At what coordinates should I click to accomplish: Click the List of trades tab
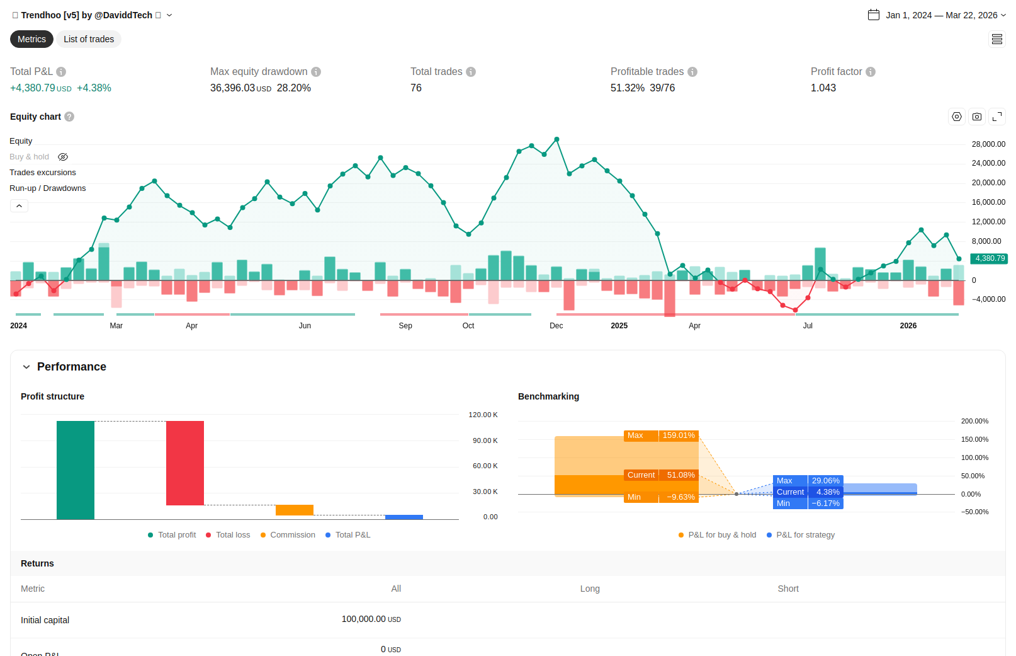point(89,39)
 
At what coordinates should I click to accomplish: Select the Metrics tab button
point(31,39)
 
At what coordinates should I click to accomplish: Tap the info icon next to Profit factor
point(871,72)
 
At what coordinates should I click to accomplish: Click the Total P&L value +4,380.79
point(33,88)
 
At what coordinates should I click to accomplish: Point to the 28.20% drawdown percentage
point(293,88)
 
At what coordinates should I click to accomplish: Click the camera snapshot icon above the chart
point(977,117)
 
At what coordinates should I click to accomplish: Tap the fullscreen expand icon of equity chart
point(997,117)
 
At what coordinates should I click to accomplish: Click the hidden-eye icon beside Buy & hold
point(63,157)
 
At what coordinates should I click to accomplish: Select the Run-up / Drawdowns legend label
point(48,188)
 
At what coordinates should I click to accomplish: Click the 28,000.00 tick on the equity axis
point(988,144)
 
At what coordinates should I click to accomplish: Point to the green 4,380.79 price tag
point(989,258)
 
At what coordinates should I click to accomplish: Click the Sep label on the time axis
point(405,326)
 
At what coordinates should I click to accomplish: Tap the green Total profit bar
point(76,470)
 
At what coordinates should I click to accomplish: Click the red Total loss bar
point(185,463)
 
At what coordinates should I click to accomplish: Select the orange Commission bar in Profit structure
point(295,510)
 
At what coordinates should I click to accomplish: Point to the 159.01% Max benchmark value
point(679,435)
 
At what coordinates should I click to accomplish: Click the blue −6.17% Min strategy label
point(825,503)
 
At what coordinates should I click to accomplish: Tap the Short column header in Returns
point(788,589)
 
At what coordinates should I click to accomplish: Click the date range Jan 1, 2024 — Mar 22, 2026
point(941,15)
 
